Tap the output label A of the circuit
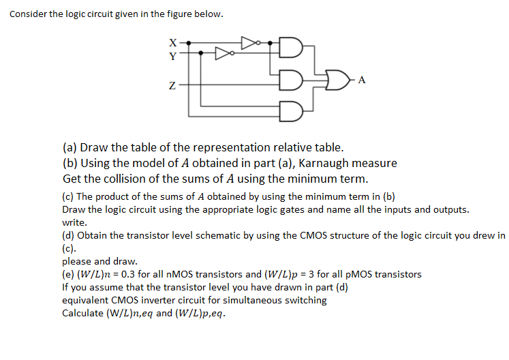362,80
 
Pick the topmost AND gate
290,48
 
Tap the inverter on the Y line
223,52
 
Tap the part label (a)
70,147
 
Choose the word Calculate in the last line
83,313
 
